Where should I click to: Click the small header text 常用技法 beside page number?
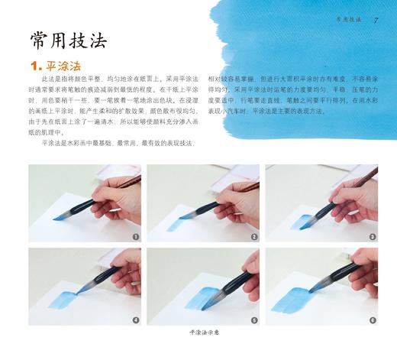click(348, 19)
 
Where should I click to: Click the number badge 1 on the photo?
click(135, 237)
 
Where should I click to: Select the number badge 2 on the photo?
click(253, 237)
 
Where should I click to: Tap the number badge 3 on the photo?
click(372, 237)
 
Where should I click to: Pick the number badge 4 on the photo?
click(135, 319)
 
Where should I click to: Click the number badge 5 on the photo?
click(253, 319)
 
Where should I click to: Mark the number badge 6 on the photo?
click(372, 319)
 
